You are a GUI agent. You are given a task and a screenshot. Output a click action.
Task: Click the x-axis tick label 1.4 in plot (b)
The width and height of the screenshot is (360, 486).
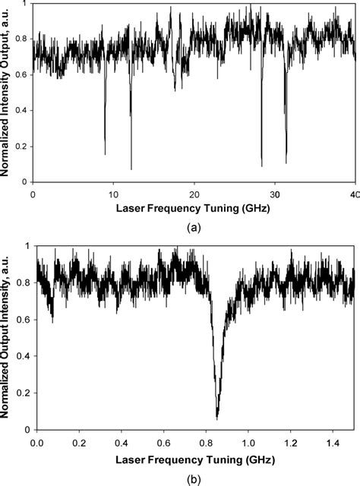(x=332, y=440)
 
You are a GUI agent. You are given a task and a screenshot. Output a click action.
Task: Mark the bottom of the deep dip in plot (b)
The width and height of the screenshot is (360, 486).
(x=217, y=418)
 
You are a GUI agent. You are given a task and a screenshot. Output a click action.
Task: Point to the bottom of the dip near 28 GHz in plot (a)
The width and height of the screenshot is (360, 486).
(x=262, y=166)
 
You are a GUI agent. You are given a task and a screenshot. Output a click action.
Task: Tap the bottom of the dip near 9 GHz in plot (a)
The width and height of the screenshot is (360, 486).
(x=105, y=153)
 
